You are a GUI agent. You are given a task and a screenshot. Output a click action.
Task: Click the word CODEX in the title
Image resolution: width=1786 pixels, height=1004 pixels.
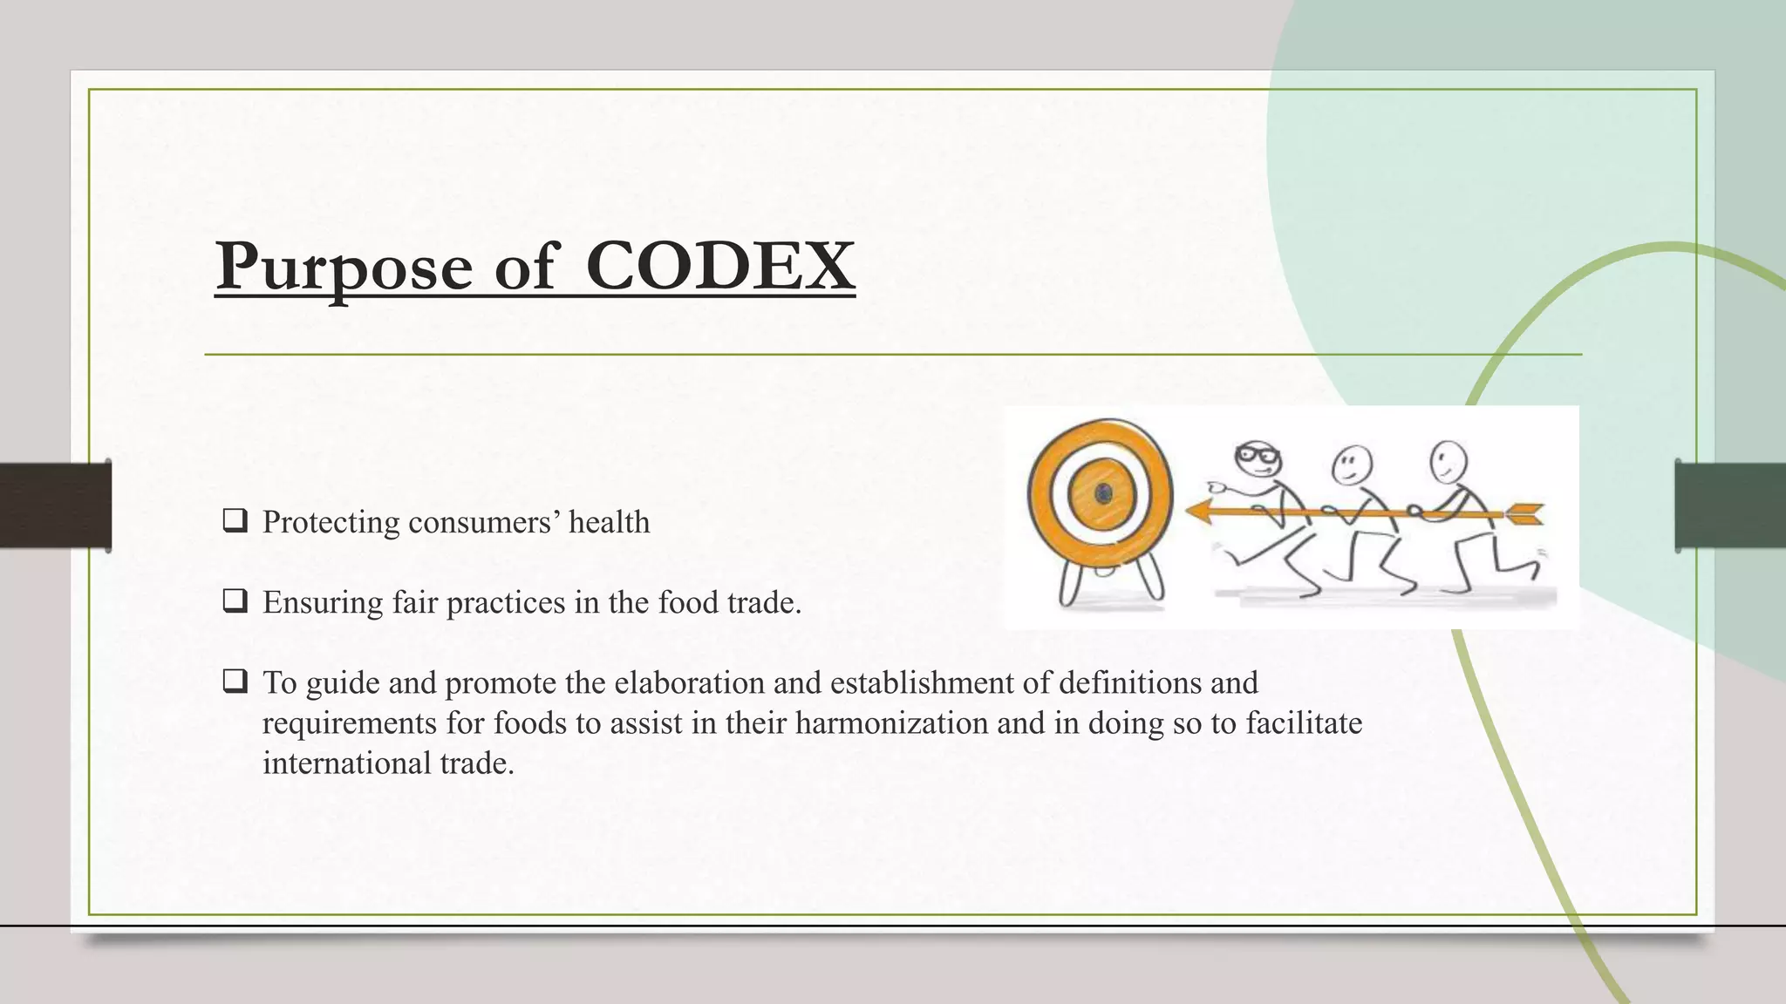coord(719,265)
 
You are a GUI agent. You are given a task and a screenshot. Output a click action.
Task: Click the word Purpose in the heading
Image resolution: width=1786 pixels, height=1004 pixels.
coord(344,267)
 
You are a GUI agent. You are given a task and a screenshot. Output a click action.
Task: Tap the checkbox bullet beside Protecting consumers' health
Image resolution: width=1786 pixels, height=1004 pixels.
coord(235,521)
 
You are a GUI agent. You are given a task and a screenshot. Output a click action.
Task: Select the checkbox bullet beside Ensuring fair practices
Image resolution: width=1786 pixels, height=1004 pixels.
coord(235,601)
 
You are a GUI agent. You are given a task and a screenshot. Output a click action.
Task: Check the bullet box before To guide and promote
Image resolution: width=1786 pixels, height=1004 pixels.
coord(235,682)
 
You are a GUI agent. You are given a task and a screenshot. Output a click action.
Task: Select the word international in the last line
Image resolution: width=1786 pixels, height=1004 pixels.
coord(346,763)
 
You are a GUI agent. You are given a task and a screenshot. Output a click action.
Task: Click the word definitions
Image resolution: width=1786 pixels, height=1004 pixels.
coord(1129,682)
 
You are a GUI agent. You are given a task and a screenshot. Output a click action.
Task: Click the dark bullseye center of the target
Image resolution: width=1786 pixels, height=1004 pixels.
coord(1103,494)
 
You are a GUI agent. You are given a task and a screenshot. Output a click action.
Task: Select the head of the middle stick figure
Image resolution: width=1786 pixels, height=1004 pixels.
coord(1352,464)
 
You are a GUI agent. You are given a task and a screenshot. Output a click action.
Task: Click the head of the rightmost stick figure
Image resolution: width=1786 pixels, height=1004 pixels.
coord(1449,460)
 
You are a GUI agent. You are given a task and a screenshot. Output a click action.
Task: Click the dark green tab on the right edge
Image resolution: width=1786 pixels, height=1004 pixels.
coord(1730,505)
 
